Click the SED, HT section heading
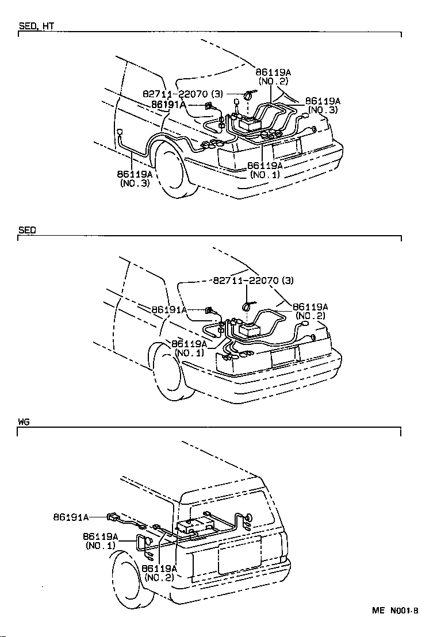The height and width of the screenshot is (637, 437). coord(37,26)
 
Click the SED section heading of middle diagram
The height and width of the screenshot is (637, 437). coord(27,230)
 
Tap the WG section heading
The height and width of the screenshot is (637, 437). coord(24,422)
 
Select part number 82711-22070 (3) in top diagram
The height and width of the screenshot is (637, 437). coord(183,93)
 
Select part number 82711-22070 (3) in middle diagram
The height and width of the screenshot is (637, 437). coord(253,281)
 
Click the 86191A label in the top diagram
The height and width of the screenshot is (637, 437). coord(168,105)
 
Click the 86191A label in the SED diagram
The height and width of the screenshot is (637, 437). coord(169,309)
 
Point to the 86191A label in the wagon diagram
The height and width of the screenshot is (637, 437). coord(71,517)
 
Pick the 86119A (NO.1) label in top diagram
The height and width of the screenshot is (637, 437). coord(264,170)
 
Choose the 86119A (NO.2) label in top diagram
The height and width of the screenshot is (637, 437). coord(273,77)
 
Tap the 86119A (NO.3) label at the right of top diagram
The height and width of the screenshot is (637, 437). coord(323,105)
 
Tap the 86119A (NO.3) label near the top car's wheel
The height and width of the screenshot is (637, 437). coord(135,178)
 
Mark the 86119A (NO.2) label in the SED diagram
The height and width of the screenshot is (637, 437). coord(310,311)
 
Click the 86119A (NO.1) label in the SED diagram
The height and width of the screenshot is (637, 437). coord(189,348)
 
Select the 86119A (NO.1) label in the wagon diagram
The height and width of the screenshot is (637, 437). coord(101,541)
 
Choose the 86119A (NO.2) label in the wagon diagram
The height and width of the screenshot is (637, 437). coord(159,573)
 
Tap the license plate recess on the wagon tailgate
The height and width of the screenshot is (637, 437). coord(239,555)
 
